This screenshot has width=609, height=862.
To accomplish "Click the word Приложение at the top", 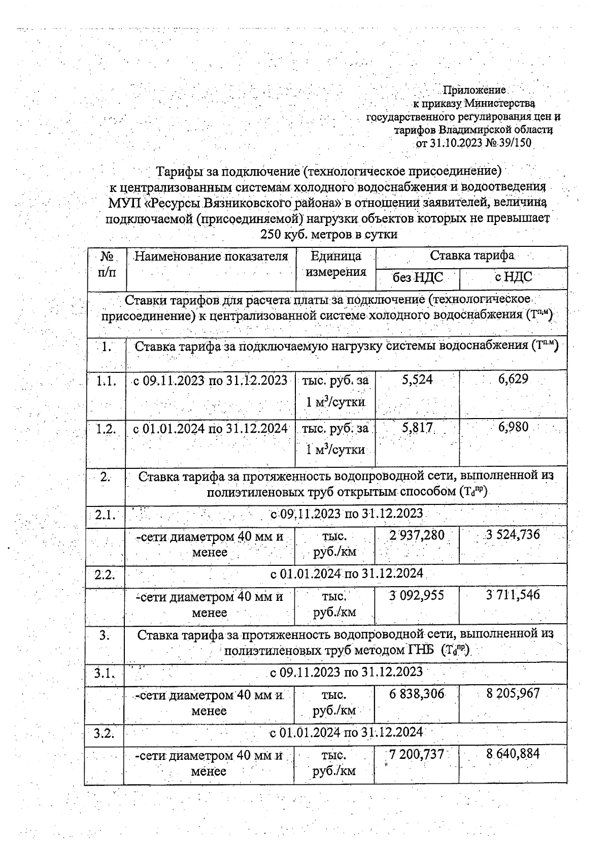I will click(475, 90).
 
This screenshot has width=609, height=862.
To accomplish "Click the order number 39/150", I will click(515, 143).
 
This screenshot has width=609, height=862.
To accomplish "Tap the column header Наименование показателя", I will click(211, 256).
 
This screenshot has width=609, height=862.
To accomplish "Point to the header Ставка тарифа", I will click(472, 255).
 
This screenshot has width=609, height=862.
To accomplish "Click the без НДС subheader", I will click(418, 277).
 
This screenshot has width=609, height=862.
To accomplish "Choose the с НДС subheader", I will click(513, 277).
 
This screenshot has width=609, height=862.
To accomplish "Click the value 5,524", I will click(417, 379).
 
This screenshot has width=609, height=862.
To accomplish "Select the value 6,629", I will click(513, 378).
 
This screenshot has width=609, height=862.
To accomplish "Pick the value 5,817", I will click(417, 428).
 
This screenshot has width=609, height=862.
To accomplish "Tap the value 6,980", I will click(513, 427).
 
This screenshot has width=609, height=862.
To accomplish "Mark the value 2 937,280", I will click(417, 535).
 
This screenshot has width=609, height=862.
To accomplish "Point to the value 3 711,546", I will click(513, 594).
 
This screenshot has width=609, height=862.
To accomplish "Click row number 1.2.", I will click(106, 428).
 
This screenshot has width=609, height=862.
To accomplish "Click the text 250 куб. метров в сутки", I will click(328, 235).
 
